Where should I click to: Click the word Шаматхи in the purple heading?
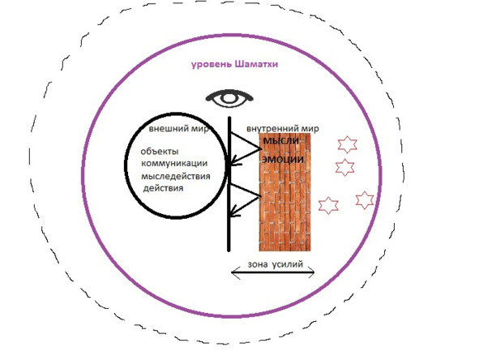point(257,64)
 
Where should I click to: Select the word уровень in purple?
point(212,65)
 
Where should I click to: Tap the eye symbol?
point(229,98)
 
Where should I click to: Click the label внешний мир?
point(179,129)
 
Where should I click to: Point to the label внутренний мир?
point(283,129)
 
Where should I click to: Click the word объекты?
point(160,152)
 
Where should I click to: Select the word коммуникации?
point(174,164)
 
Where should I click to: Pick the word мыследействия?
point(176,176)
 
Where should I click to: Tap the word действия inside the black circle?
point(164,188)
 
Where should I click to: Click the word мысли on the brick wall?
point(281,141)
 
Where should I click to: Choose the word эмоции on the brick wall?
point(283,159)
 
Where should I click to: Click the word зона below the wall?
point(258,264)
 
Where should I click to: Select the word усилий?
point(288,264)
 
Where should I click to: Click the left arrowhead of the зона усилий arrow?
point(235,272)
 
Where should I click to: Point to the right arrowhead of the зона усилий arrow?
point(310,272)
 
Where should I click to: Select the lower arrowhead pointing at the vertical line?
point(234,212)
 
